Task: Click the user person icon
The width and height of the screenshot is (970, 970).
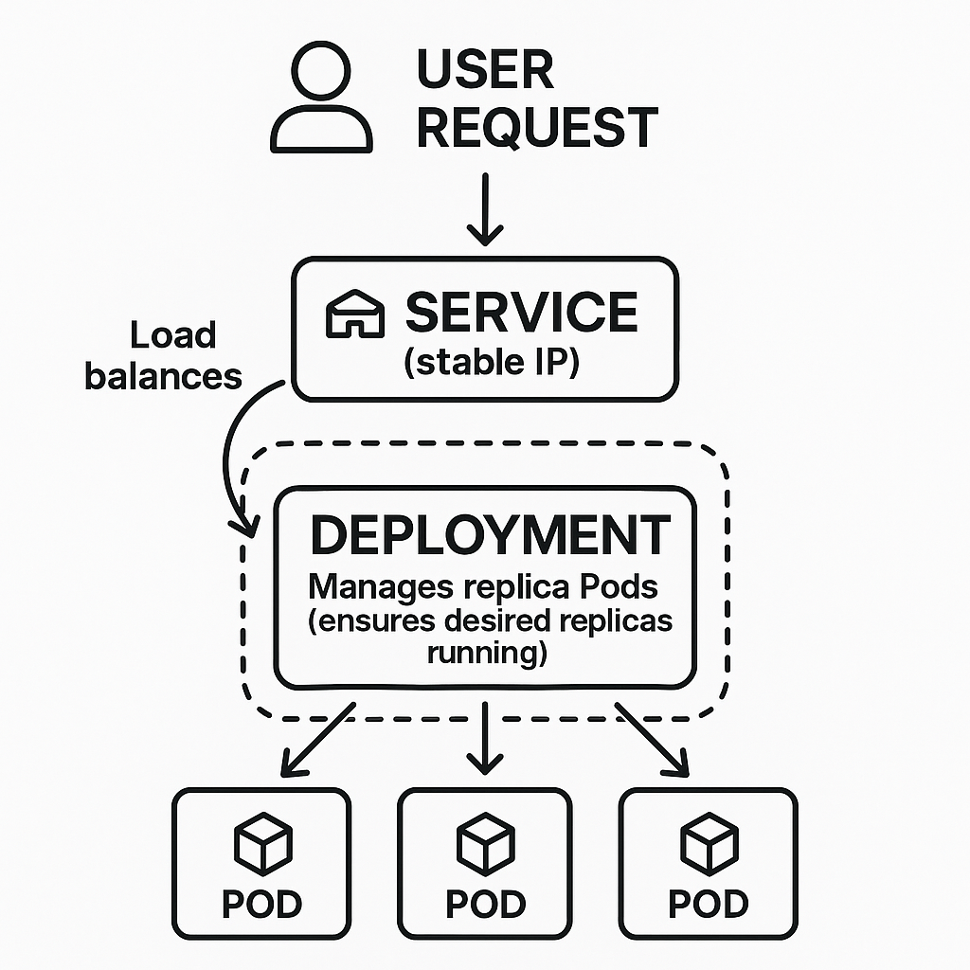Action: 320,99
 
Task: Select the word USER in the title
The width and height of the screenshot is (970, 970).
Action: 485,70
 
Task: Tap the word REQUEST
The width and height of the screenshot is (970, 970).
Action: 537,128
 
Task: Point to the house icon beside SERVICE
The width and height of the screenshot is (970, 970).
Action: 355,314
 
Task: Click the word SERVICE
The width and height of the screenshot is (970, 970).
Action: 521,313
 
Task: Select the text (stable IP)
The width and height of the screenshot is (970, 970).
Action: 491,363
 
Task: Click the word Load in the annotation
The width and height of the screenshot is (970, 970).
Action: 172,335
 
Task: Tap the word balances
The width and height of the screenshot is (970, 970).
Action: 163,376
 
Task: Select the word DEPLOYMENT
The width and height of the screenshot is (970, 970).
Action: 490,535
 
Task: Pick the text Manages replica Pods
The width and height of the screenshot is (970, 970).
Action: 483,586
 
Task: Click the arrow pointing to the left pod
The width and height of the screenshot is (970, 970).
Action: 317,739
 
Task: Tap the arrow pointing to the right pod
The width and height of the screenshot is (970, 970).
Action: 654,739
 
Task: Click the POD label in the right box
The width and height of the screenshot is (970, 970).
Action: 708,904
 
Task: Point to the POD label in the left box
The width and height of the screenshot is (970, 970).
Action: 262,904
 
